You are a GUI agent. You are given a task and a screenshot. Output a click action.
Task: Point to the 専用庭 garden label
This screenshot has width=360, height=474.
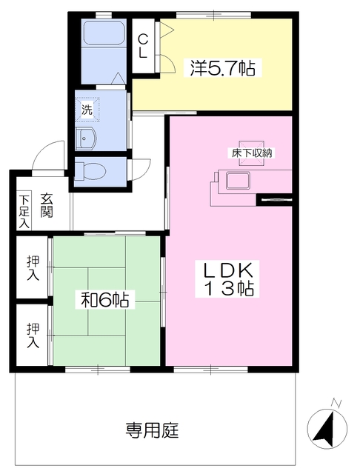point(152,430)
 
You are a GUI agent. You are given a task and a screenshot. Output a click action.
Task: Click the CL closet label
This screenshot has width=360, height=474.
point(144,46)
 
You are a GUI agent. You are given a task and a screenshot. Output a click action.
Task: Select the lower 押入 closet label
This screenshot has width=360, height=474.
point(33,335)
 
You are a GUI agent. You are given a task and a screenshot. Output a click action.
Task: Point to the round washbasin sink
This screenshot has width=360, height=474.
point(86,138)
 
